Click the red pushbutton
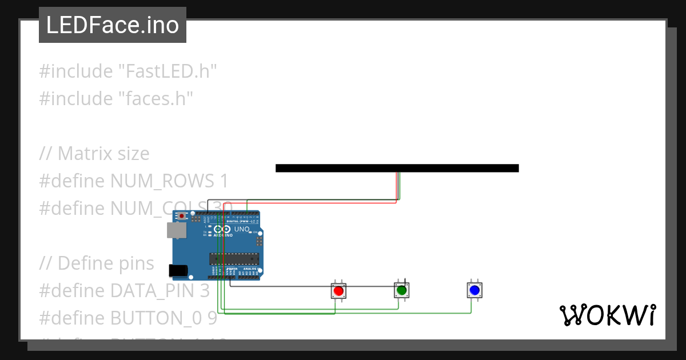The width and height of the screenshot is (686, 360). coord(338,291)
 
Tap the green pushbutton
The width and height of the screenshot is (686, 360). coord(402,290)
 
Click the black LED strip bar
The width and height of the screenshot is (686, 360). coord(397,168)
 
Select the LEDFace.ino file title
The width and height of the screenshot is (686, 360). coord(112,25)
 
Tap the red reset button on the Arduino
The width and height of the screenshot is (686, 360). coord(182,217)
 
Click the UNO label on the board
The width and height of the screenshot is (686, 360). coord(242,229)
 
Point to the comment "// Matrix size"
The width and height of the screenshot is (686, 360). coord(94,154)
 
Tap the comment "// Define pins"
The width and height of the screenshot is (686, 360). coord(97,263)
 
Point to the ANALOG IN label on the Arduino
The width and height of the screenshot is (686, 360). coord(250,269)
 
